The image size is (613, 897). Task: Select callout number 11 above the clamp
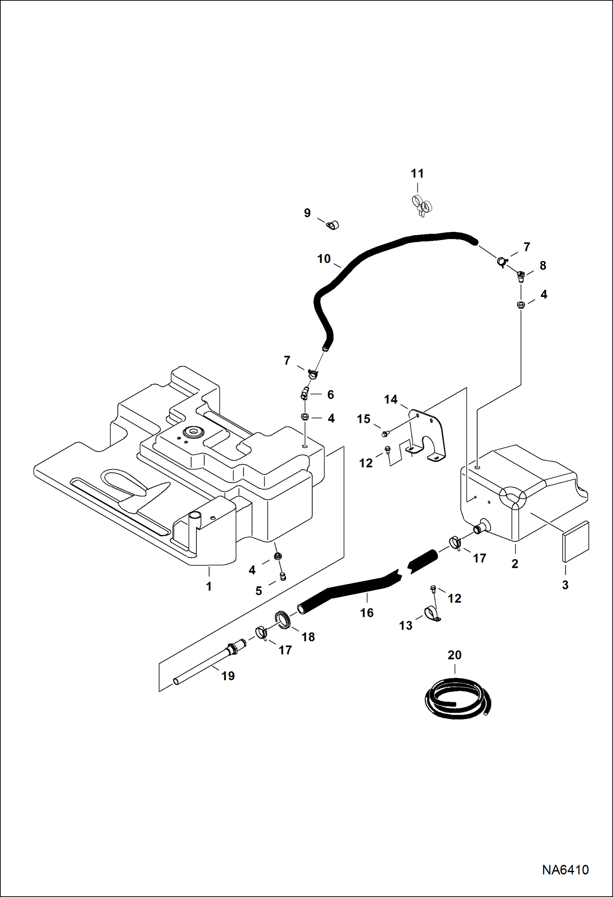tap(417, 173)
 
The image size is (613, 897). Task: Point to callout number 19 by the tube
tap(228, 676)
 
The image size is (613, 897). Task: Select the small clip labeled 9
tap(333, 225)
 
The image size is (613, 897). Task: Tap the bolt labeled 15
tap(385, 434)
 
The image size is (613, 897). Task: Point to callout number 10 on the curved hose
tap(324, 259)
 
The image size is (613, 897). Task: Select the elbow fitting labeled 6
tap(304, 394)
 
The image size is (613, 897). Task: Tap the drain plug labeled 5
tap(282, 577)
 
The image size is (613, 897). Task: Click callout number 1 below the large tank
tap(209, 586)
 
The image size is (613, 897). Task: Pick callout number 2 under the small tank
tap(515, 563)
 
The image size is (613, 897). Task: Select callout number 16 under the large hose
tap(367, 612)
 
